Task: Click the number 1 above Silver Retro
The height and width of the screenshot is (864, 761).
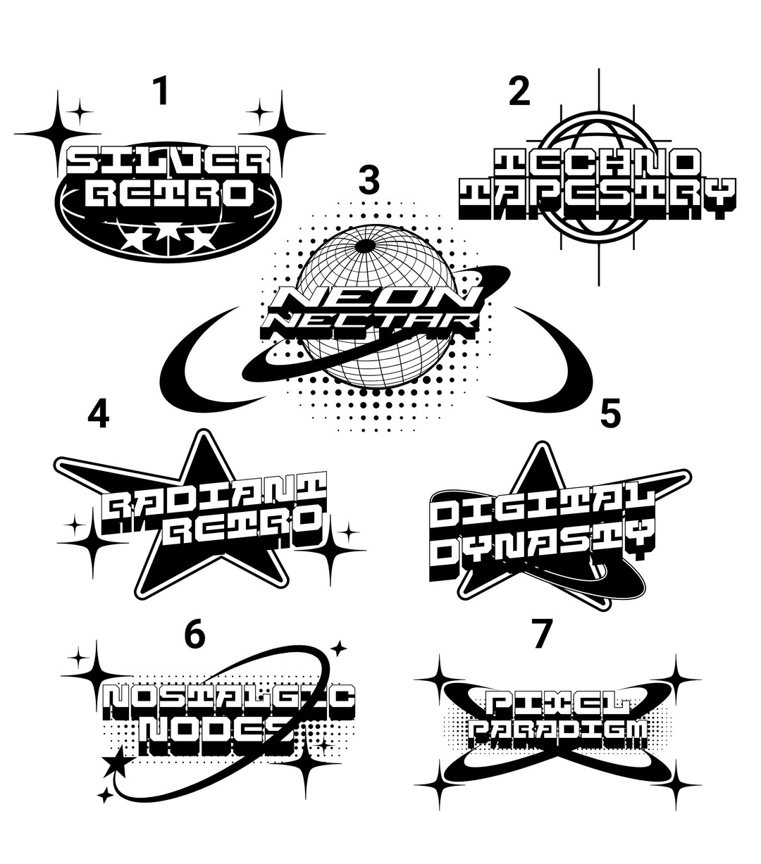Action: click(161, 92)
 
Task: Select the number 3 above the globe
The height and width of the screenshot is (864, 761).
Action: click(369, 180)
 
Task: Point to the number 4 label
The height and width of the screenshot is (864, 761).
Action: click(98, 414)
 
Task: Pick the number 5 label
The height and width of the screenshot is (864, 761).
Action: click(610, 414)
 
